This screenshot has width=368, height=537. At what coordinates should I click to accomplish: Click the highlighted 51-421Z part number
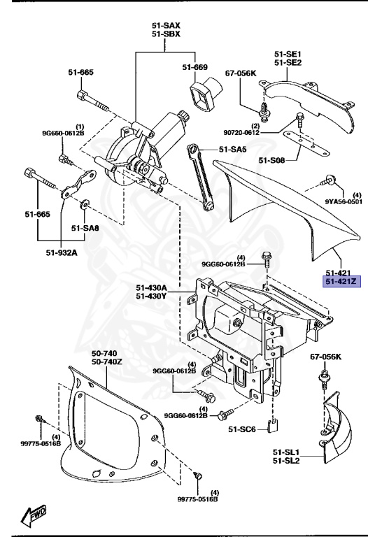click(x=340, y=282)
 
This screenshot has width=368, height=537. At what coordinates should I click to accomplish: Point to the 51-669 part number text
click(x=195, y=67)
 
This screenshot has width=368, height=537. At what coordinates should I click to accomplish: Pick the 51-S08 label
click(x=273, y=160)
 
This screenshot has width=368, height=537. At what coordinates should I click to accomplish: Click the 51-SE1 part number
click(x=288, y=52)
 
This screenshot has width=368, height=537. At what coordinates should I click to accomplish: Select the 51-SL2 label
click(x=288, y=462)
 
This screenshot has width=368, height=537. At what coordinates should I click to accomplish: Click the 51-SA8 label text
click(x=85, y=227)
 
